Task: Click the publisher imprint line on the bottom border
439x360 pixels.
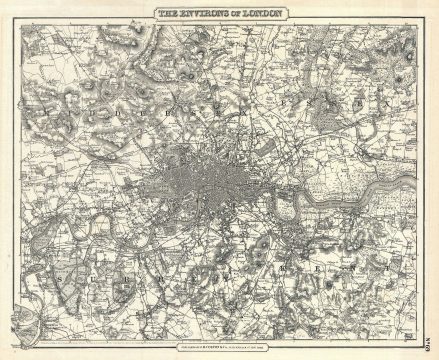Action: (x=219, y=348)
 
